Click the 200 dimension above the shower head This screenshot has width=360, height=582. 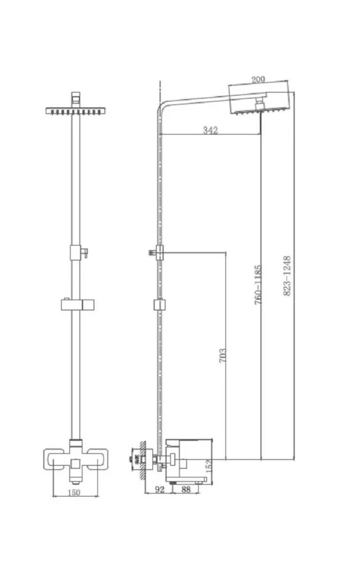point(258,80)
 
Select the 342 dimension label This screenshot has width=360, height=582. point(210,130)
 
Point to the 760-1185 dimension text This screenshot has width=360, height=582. point(258,284)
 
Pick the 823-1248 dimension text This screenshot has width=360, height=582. point(287,276)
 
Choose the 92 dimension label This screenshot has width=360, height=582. point(159,490)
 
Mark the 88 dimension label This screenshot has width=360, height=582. point(186,490)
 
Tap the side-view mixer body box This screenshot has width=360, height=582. point(188,452)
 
